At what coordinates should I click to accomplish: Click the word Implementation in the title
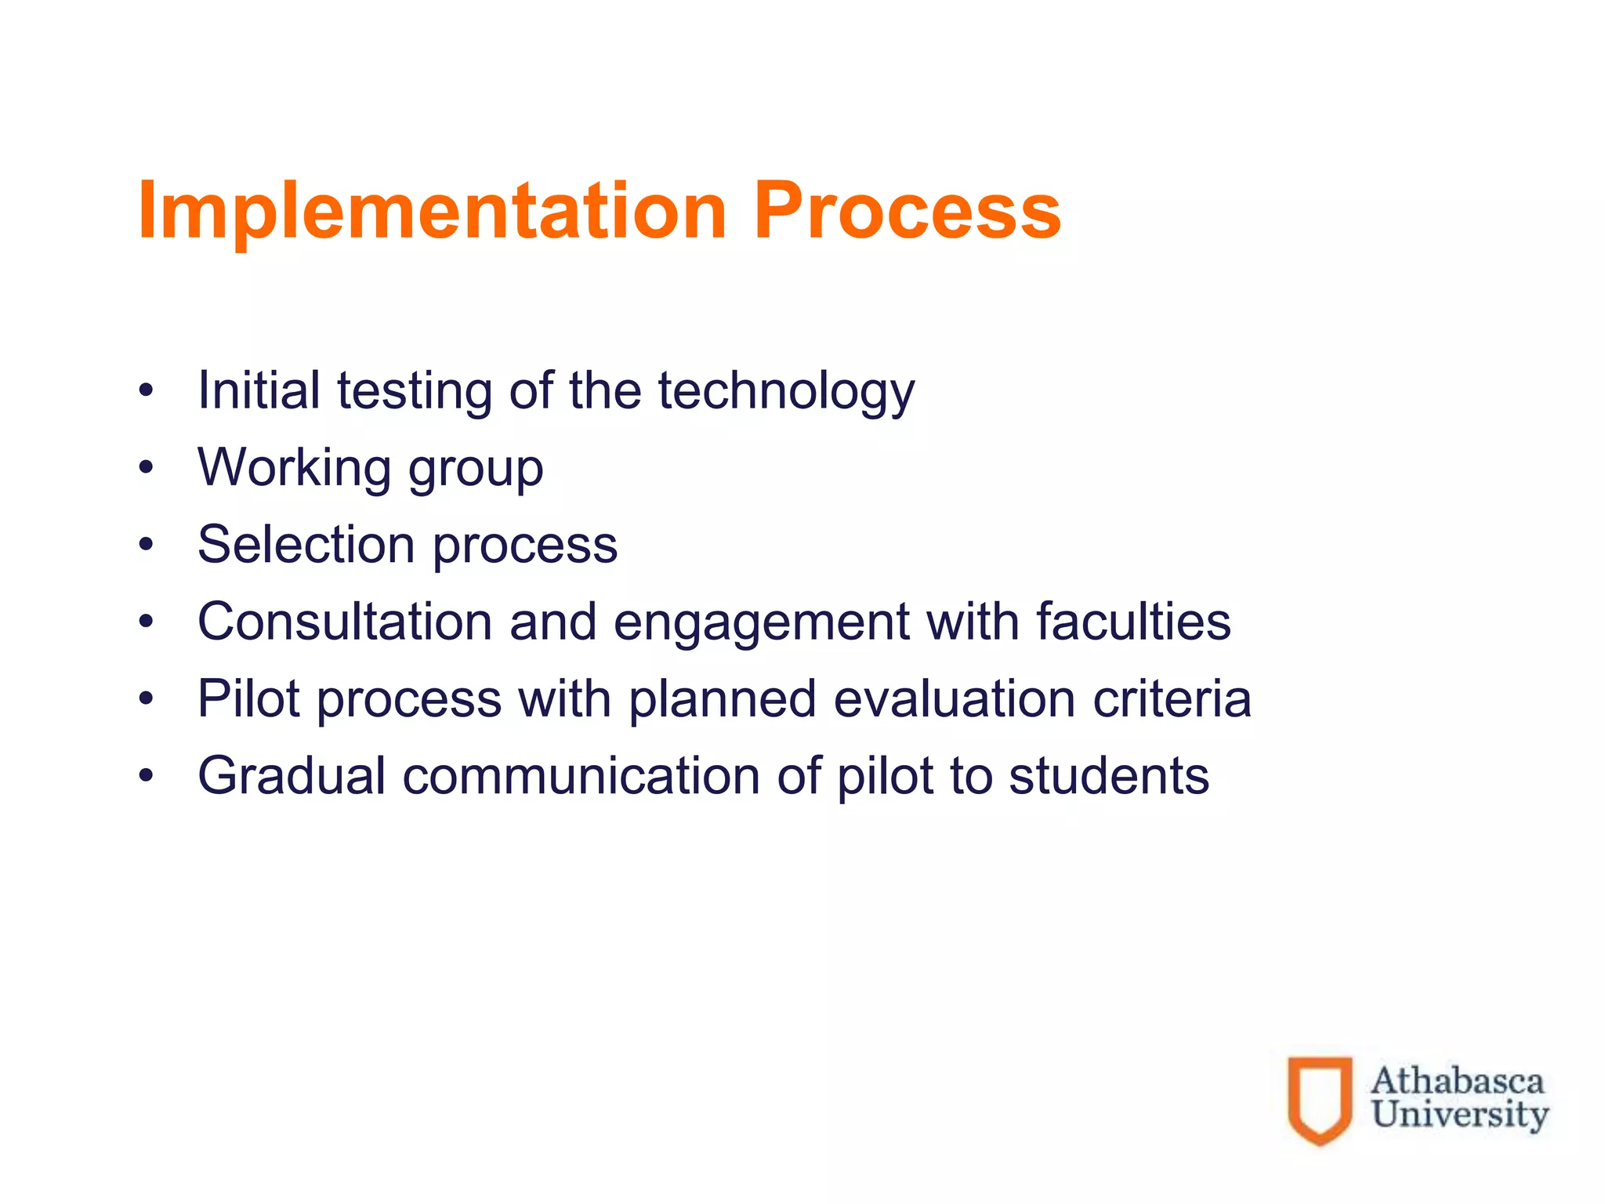tap(433, 212)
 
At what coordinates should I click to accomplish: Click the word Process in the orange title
tap(907, 212)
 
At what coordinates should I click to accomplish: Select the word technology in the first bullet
tap(786, 391)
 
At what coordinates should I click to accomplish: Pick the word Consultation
tap(344, 622)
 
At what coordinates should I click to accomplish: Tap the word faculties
tap(1133, 622)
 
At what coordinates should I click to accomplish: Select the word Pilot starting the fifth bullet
tap(248, 698)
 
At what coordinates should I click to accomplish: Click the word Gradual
tap(292, 776)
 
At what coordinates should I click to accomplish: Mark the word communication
tap(581, 776)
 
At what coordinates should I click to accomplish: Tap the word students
tap(1108, 776)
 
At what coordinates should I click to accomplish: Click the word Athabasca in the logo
tap(1457, 1081)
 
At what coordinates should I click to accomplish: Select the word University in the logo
tap(1459, 1115)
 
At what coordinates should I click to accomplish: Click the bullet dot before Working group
tap(146, 468)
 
